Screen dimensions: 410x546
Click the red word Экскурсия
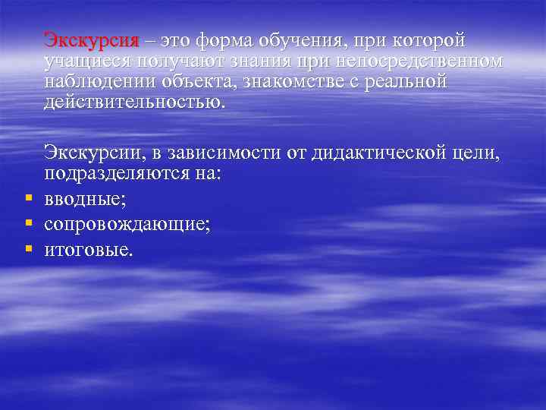pyautogui.click(x=91, y=40)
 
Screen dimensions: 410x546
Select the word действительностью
pyautogui.click(x=134, y=102)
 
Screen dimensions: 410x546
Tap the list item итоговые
pyautogui.click(x=88, y=248)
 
